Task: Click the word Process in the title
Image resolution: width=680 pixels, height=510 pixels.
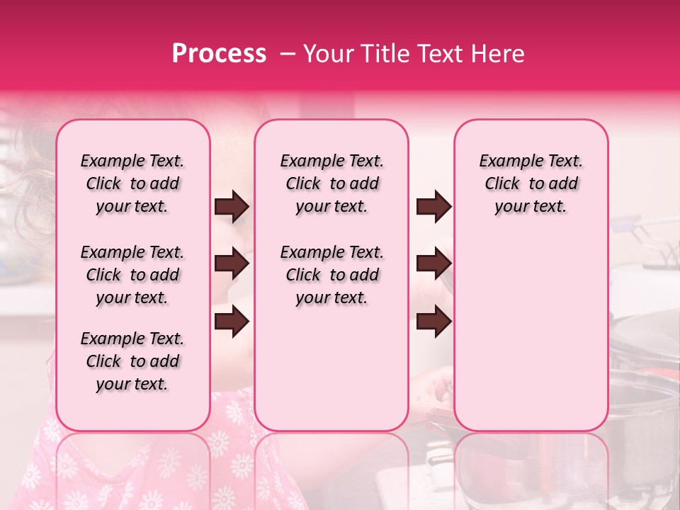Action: pos(219,54)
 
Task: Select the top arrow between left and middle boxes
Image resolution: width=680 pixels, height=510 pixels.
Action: pos(232,207)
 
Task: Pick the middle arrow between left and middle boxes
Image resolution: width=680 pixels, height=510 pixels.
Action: pos(232,264)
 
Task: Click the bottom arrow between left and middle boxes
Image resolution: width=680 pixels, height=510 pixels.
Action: pos(232,322)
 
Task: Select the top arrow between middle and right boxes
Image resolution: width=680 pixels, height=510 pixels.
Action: pos(433,207)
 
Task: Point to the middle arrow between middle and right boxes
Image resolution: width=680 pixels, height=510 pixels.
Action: pos(433,264)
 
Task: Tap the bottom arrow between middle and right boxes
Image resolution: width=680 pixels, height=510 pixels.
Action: pos(433,322)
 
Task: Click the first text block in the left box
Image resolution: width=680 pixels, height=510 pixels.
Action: pos(132,183)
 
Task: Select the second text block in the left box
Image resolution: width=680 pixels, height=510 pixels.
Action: pos(132,275)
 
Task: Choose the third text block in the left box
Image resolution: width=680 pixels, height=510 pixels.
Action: pos(132,361)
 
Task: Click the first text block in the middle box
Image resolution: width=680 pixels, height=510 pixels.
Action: pos(331,183)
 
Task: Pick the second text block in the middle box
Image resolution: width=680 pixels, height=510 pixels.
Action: pos(331,275)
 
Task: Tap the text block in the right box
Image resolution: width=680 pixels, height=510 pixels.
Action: pos(531,183)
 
